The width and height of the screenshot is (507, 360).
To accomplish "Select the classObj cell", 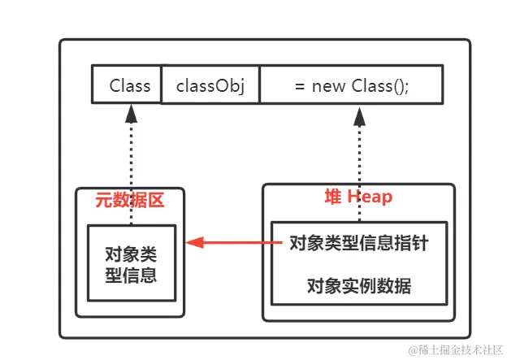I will pyautogui.click(x=210, y=85).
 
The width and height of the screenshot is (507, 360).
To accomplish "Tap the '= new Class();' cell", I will pyautogui.click(x=351, y=85).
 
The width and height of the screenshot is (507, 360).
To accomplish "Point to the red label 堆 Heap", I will pyautogui.click(x=357, y=197).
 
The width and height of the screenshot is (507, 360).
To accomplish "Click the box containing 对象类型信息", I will pyautogui.click(x=130, y=263).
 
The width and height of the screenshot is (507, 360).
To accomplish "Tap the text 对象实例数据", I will pyautogui.click(x=358, y=286).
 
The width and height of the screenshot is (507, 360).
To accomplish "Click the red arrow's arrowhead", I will pyautogui.click(x=192, y=242).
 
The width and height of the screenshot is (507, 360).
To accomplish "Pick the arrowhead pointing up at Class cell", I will pyautogui.click(x=130, y=113).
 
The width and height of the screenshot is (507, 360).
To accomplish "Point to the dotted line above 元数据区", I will pyautogui.click(x=130, y=154).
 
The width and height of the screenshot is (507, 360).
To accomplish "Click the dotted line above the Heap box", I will pyautogui.click(x=358, y=154).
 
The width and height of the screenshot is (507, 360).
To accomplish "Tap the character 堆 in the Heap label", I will pyautogui.click(x=331, y=197).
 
